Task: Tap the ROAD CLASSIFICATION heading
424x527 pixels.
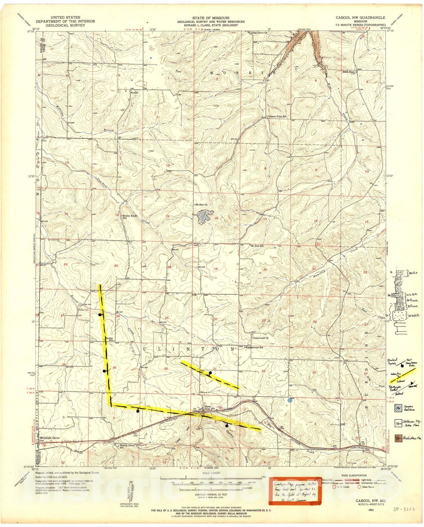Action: point(353,475)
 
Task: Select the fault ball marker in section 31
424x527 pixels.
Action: point(210,373)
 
